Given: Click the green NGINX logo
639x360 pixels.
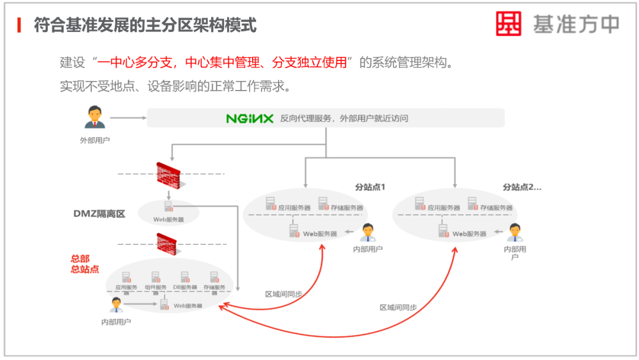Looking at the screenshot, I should click(250, 118).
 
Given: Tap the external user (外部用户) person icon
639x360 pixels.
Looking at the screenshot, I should click(95, 117).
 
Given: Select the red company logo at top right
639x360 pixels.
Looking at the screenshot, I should click(508, 24).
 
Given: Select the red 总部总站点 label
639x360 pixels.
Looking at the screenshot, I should click(85, 264).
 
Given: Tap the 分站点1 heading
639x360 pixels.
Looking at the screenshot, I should click(370, 187).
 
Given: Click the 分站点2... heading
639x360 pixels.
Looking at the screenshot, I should click(522, 187).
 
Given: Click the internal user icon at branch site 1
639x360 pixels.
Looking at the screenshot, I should click(368, 233).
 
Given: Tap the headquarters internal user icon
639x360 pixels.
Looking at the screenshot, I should click(116, 305).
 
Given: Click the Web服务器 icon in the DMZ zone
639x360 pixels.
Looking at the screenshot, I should click(169, 207).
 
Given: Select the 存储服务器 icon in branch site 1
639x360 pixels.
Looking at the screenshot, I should click(324, 204).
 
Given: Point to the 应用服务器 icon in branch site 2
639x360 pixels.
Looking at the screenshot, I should click(419, 204).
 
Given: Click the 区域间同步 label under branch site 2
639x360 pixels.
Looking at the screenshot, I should click(398, 307).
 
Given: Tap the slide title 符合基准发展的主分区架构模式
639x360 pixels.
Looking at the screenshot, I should click(145, 25).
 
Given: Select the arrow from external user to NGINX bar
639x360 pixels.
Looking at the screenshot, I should click(128, 118).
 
